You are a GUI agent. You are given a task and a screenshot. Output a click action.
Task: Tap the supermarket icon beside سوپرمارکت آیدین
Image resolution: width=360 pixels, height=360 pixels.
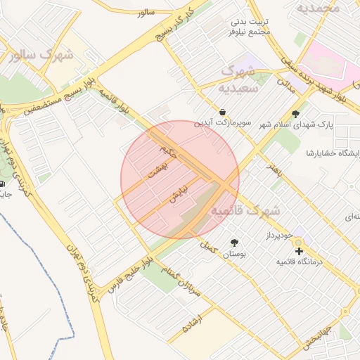pos(223,111)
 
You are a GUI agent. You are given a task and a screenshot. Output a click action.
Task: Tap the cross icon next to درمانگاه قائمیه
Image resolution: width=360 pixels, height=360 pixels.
pos(299,251)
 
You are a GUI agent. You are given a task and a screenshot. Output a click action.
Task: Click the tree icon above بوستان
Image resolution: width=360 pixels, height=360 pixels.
pos(233,242)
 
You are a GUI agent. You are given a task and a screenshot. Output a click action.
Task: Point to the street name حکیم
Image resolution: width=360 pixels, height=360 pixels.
pos(168,150)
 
